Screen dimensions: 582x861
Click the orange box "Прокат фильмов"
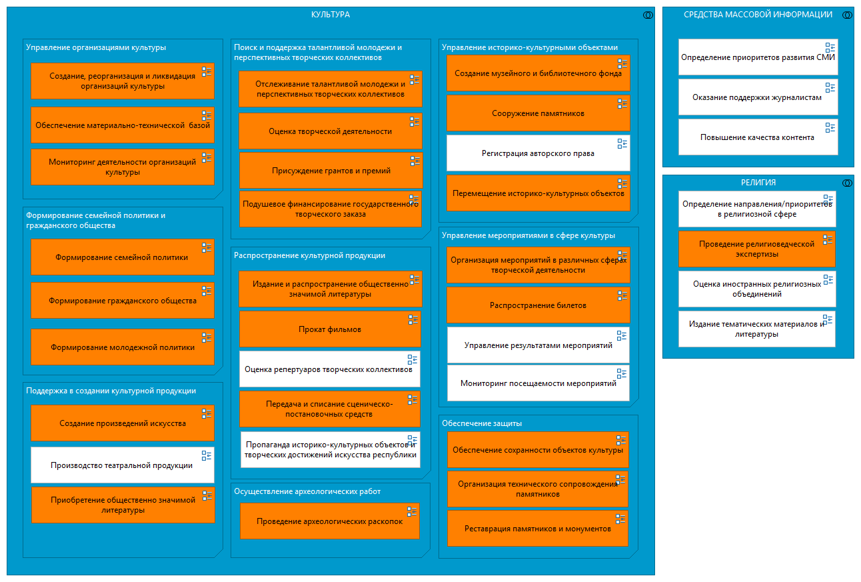tap(330, 329)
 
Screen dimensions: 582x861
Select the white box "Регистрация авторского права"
tap(538, 153)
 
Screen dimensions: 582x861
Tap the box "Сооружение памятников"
tap(538, 113)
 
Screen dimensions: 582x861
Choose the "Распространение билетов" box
tap(538, 305)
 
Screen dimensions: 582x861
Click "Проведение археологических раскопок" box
tap(329, 521)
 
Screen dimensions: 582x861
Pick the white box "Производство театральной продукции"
tap(122, 465)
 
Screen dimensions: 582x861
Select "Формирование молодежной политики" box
tap(123, 347)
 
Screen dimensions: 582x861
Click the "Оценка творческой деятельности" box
tap(330, 131)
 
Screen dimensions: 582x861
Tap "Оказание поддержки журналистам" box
tap(757, 97)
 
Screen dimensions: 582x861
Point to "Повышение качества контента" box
tap(757, 137)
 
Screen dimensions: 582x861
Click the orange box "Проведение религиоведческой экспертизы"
tap(756, 249)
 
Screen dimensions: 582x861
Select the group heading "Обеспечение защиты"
tap(482, 423)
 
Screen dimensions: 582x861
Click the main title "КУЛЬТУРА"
tap(331, 15)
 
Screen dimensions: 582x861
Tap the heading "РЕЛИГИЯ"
tap(758, 183)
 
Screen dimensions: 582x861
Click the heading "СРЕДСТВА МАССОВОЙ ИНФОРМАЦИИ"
tap(758, 15)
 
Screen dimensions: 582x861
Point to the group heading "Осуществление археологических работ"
tap(307, 491)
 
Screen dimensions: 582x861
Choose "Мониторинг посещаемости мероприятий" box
tap(538, 383)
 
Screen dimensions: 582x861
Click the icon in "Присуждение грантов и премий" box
tap(415, 161)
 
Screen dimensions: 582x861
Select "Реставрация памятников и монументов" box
tap(538, 529)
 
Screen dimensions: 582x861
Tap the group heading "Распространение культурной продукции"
tap(309, 255)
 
